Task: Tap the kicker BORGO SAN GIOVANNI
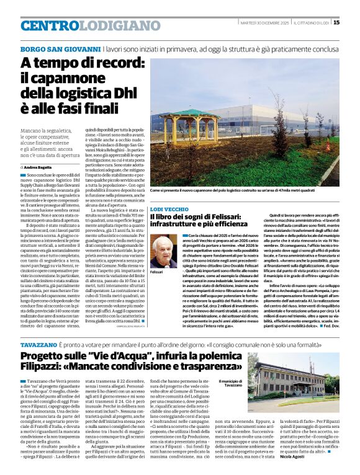coord(60,48)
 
